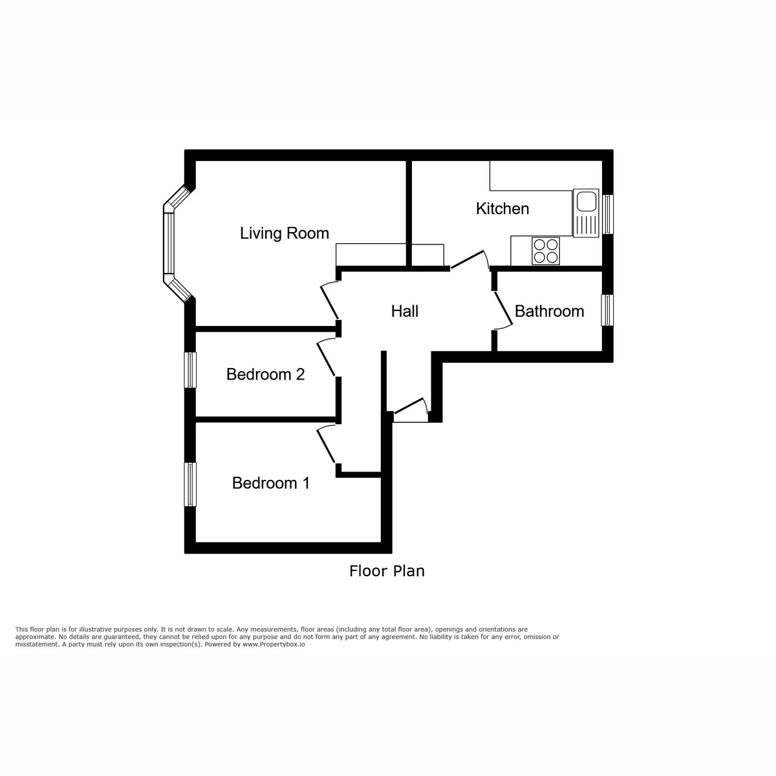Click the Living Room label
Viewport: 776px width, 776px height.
285,233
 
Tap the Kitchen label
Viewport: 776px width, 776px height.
502,208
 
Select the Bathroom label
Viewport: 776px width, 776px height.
549,311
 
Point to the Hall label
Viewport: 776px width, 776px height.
405,311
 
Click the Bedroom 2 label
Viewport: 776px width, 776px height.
265,374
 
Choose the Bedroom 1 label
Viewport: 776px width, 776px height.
271,483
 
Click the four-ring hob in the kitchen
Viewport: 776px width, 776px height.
545,251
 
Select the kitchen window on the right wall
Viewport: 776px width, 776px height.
608,214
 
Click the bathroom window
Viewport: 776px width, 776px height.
608,310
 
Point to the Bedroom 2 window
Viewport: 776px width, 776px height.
190,370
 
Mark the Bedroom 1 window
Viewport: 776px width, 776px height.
190,484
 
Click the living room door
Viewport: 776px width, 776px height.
330,301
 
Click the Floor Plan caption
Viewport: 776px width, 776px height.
387,571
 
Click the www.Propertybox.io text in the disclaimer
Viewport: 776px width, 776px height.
274,645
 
